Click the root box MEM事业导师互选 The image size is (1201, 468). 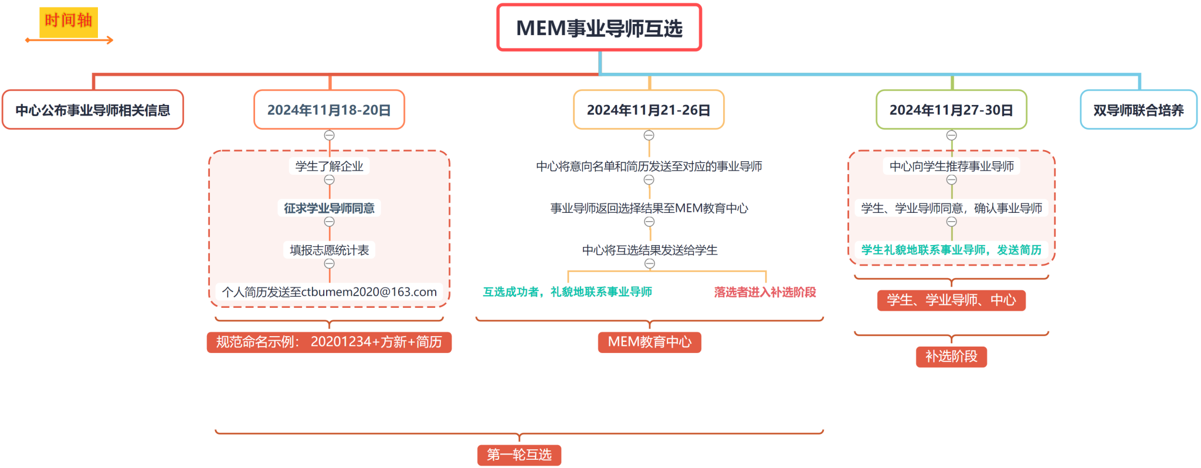pos(599,28)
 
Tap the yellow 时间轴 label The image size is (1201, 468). pos(69,21)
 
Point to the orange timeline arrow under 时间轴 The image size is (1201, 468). pos(69,40)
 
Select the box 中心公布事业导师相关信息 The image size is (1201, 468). pos(93,110)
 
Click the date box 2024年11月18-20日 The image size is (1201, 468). pos(329,110)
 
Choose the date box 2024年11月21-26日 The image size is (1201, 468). pos(649,110)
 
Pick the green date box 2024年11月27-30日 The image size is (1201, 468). pos(951,110)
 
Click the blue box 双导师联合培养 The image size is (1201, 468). pos(1138,110)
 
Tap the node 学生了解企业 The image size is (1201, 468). pos(329,167)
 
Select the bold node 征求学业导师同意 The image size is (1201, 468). pos(329,208)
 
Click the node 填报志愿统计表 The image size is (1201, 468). pos(329,250)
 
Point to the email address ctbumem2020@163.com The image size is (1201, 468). pos(369,292)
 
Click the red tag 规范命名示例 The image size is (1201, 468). pos(329,342)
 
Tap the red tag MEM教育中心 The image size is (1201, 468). pos(649,342)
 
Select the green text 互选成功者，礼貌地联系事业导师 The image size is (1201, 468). pos(567,292)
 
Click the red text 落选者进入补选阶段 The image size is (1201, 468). pos(765,292)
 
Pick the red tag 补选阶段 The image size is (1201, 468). pos(951,357)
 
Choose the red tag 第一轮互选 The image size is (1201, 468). pos(519,455)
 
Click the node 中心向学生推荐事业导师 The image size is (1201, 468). pos(951,167)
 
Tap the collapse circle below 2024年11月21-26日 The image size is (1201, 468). pos(649,135)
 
